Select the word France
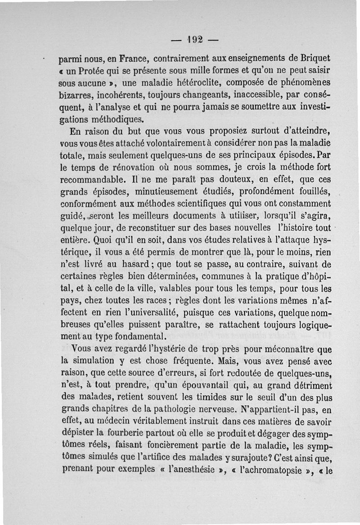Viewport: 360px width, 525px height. (128, 59)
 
